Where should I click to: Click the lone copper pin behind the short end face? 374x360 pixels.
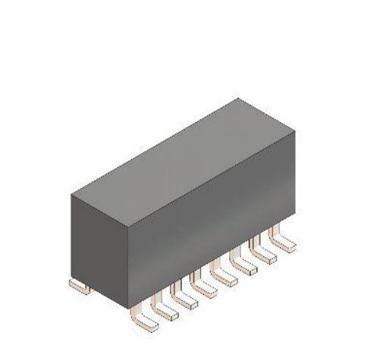click(x=78, y=286)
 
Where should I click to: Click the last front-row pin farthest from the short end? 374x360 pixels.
click(x=284, y=243)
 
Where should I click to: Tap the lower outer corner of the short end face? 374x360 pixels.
click(x=71, y=277)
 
